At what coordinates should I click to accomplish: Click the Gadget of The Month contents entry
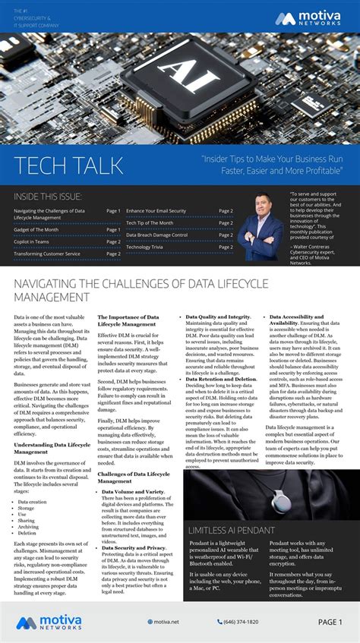coord(36,229)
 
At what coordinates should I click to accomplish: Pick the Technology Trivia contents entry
coord(150,247)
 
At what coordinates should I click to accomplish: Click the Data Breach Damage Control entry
coord(156,235)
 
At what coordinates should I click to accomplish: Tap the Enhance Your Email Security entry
coord(156,210)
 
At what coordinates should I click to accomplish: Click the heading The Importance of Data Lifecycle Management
coord(128,320)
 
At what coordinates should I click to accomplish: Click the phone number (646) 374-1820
coord(241,622)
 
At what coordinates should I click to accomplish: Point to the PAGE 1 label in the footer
coord(330,622)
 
